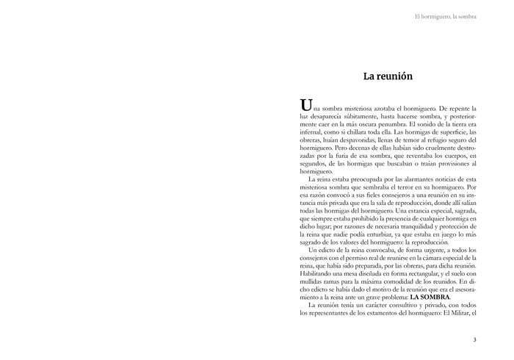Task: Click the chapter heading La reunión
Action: coord(388,76)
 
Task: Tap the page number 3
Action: coord(474,339)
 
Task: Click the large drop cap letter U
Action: coord(306,105)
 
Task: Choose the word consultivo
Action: coord(392,306)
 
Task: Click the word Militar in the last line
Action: coord(455,314)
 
